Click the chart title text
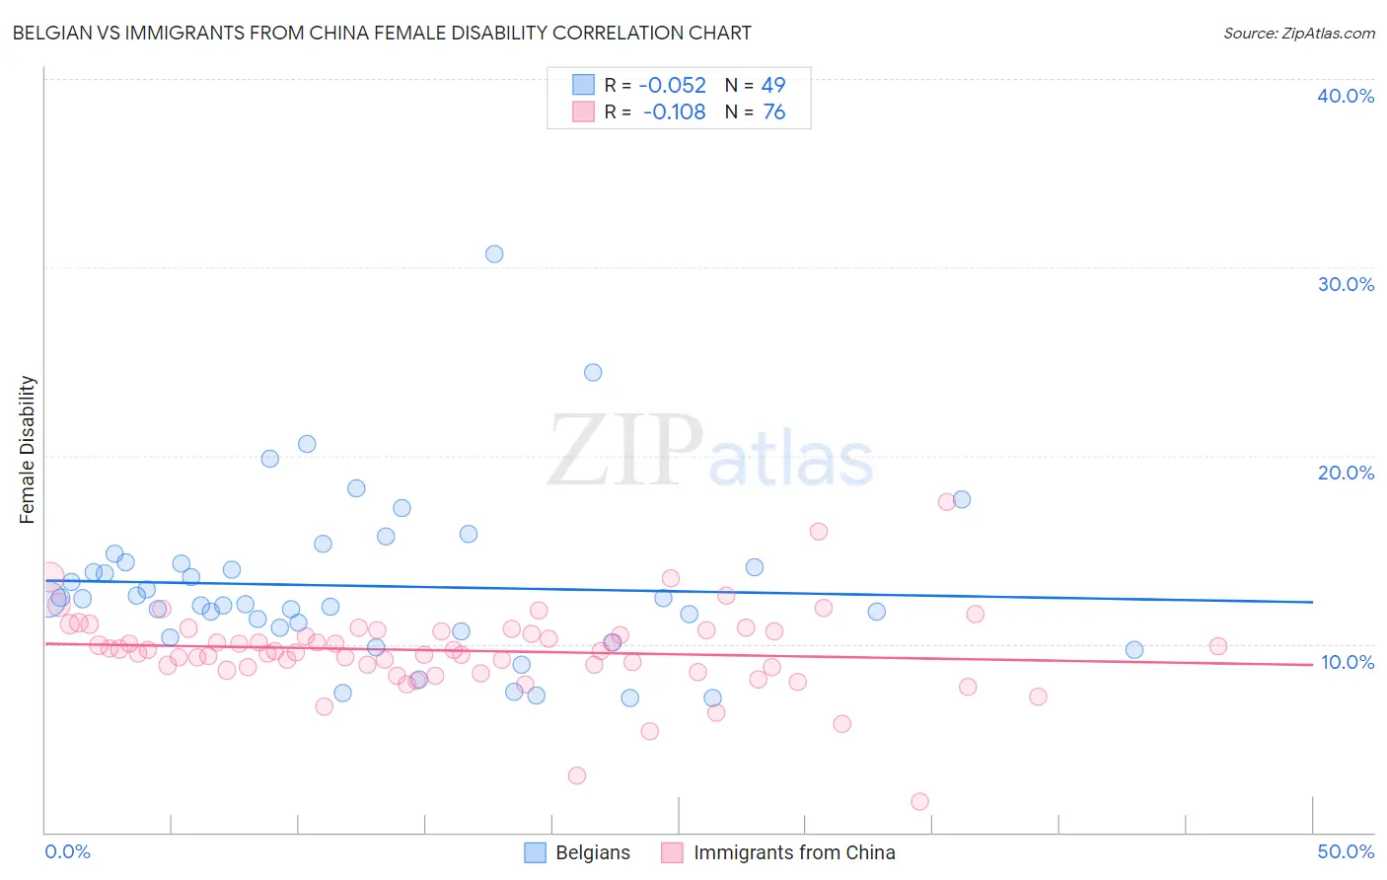[x=382, y=33]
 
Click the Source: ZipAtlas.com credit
[x=1298, y=33]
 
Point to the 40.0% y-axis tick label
[x=1345, y=96]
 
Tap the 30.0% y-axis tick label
[x=1345, y=284]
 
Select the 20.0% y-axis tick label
[x=1345, y=473]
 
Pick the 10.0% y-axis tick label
[x=1347, y=662]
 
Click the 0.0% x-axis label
[x=67, y=851]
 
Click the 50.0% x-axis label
[x=1345, y=851]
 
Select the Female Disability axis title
[x=28, y=450]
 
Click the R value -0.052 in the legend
[x=672, y=86]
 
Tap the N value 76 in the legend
[x=773, y=112]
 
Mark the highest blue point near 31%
[x=494, y=254]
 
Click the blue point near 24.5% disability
[x=593, y=372]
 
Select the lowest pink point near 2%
[x=919, y=801]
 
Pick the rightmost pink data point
[x=1217, y=646]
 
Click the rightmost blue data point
[x=1133, y=649]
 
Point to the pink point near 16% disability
[x=818, y=531]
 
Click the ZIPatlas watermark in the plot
[x=710, y=452]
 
